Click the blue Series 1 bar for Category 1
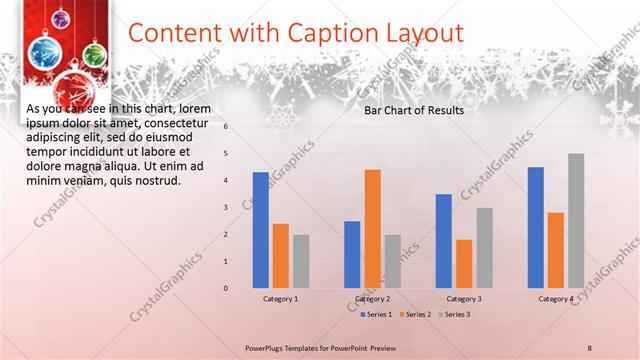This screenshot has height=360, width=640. (260, 230)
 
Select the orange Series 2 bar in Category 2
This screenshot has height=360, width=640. (372, 229)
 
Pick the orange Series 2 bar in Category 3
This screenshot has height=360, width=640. (463, 264)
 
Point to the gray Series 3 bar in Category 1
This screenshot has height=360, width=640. (301, 261)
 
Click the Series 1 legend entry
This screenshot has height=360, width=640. (377, 314)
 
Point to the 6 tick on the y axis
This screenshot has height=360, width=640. (227, 127)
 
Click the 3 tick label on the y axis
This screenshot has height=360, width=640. (227, 208)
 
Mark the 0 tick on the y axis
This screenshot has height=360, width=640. (227, 288)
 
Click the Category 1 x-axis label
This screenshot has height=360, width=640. (280, 299)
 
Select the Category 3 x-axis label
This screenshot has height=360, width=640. (463, 299)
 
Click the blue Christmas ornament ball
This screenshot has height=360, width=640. (45, 53)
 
